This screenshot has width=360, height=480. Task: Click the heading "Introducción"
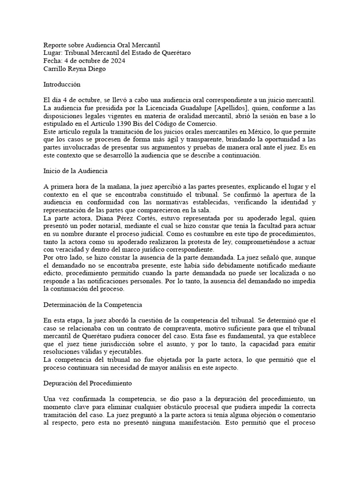coord(62,85)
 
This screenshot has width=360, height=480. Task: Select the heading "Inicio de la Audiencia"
coord(75,171)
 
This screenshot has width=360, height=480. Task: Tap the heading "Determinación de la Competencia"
coord(92,305)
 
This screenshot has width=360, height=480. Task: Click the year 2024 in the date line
coord(117,61)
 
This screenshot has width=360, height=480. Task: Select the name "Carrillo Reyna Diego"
coord(75,69)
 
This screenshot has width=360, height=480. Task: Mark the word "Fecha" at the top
coord(52,61)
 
